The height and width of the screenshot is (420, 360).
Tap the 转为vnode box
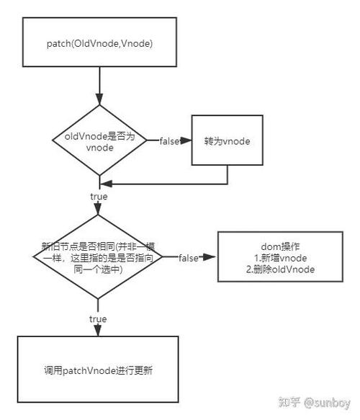point(227,140)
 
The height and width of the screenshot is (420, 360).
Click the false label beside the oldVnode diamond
point(169,140)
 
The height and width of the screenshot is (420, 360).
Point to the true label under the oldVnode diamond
point(99,195)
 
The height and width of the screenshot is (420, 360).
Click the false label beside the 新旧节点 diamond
point(189,257)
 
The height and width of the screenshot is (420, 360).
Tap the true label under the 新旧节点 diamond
point(98,318)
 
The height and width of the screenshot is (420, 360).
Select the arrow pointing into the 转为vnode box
point(184,140)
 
